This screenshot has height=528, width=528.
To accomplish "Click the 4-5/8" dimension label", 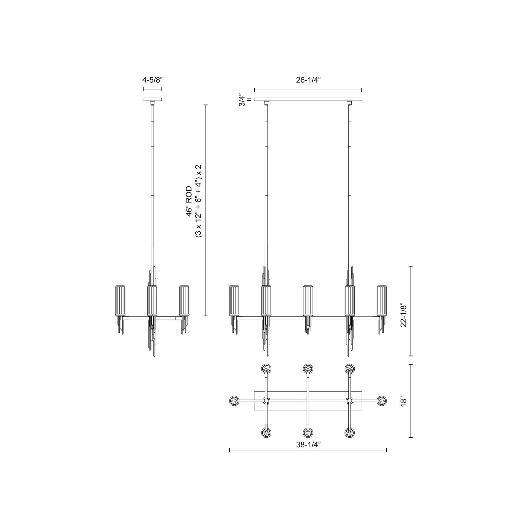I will coord(152,80).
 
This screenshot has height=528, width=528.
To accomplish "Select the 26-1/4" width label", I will coord(308,80).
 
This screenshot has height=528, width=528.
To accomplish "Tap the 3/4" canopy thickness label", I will coord(242,100).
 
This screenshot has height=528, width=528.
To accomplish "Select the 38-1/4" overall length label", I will coord(308,445).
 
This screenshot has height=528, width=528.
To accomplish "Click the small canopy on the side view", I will coord(152,100).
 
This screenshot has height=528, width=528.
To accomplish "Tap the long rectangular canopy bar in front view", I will coord(308,99).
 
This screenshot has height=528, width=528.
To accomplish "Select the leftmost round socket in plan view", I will coord(234,401).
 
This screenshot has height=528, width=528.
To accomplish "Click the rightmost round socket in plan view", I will coord(382,401).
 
